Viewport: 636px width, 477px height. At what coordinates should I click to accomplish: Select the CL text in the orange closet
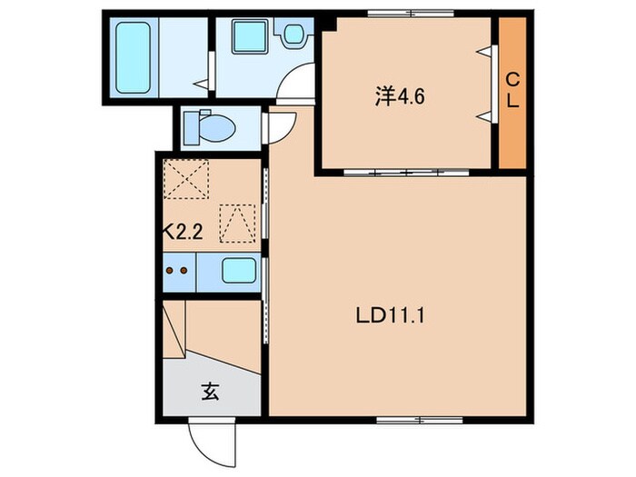coord(512,90)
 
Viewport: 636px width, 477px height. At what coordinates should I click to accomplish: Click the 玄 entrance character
coord(210,393)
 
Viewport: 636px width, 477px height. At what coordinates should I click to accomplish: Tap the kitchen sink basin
coord(238,270)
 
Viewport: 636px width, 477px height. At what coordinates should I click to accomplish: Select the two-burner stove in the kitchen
coord(179,270)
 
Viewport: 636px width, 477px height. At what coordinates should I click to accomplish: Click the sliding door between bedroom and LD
coord(406,171)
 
